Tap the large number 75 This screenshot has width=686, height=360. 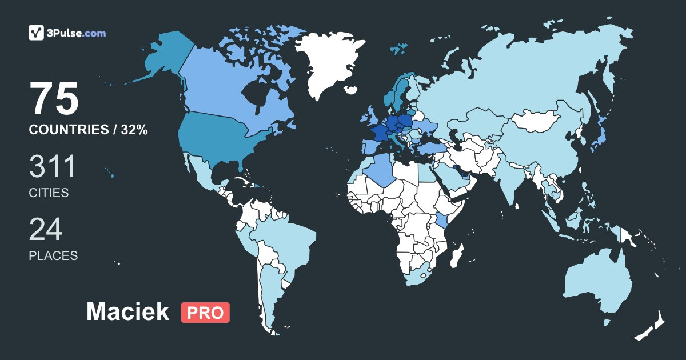tap(54, 99)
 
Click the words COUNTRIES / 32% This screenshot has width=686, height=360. tap(89, 130)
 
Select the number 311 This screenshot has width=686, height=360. tap(53, 167)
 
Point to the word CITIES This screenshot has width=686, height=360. tap(49, 193)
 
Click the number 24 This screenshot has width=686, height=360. tap(46, 230)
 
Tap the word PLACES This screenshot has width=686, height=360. tap(53, 256)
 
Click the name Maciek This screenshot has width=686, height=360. tap(127, 312)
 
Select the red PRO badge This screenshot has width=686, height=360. tap(205, 313)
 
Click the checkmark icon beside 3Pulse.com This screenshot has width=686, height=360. tap(37, 33)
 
